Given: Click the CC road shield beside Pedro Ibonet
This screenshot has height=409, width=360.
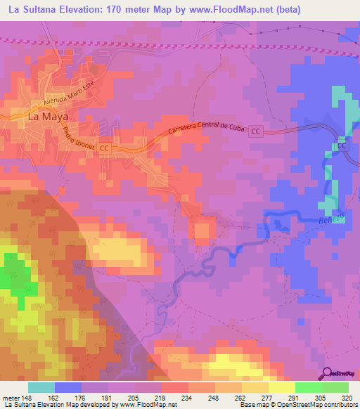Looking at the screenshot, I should tap(105, 148).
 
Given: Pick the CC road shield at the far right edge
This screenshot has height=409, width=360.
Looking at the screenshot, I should tap(342, 145).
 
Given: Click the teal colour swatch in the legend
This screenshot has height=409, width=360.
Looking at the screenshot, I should tap(41, 387).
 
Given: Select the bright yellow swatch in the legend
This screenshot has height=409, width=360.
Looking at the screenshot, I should tap(281, 387).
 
